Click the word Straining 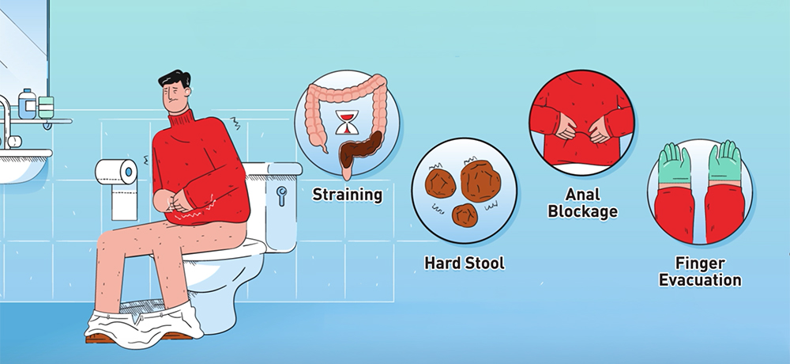348,194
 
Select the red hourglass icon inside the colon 345,123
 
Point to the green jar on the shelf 47,107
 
